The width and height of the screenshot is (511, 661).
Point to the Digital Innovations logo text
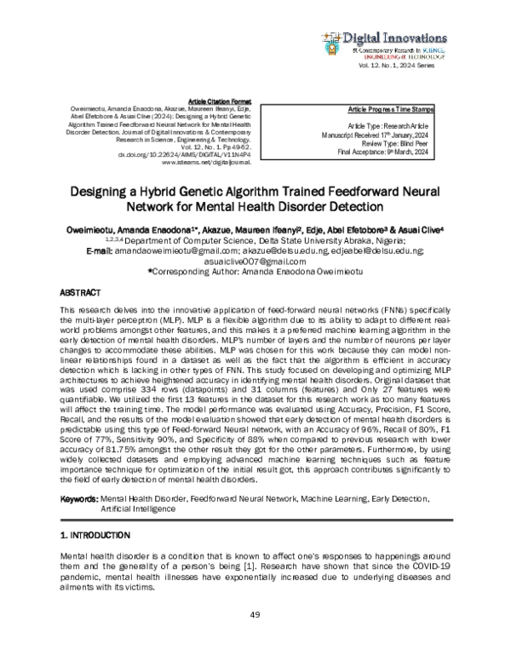pyautogui.click(x=395, y=37)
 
